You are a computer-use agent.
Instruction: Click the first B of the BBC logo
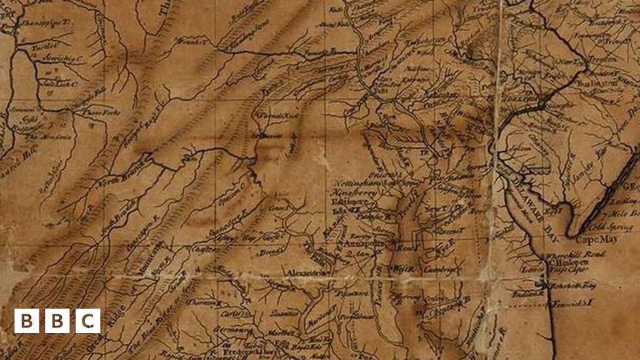(x=26, y=321)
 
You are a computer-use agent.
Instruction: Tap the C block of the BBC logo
(x=88, y=321)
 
